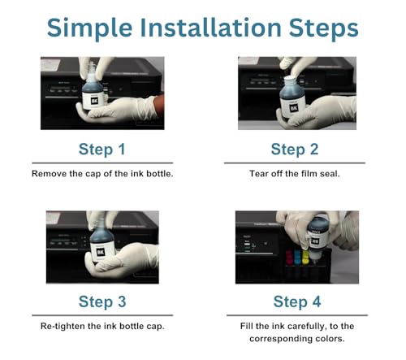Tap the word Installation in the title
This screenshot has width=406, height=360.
pyautogui.click(x=210, y=28)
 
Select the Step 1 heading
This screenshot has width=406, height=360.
pyautogui.click(x=102, y=150)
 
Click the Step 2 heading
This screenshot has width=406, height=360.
pyautogui.click(x=295, y=150)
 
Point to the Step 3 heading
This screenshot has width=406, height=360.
pyautogui.click(x=102, y=301)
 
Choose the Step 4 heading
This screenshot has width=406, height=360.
pyautogui.click(x=297, y=301)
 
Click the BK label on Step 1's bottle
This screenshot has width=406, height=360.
pyautogui.click(x=94, y=101)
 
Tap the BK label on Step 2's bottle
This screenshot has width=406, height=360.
pyautogui.click(x=294, y=109)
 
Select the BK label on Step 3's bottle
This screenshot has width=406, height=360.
pyautogui.click(x=101, y=252)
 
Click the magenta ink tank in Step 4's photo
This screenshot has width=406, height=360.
pyautogui.click(x=289, y=257)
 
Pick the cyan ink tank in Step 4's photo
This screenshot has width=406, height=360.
pyautogui.click(x=297, y=257)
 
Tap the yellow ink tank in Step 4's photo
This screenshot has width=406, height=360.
pyautogui.click(x=305, y=257)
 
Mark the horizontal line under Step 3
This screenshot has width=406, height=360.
pyautogui.click(x=102, y=315)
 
